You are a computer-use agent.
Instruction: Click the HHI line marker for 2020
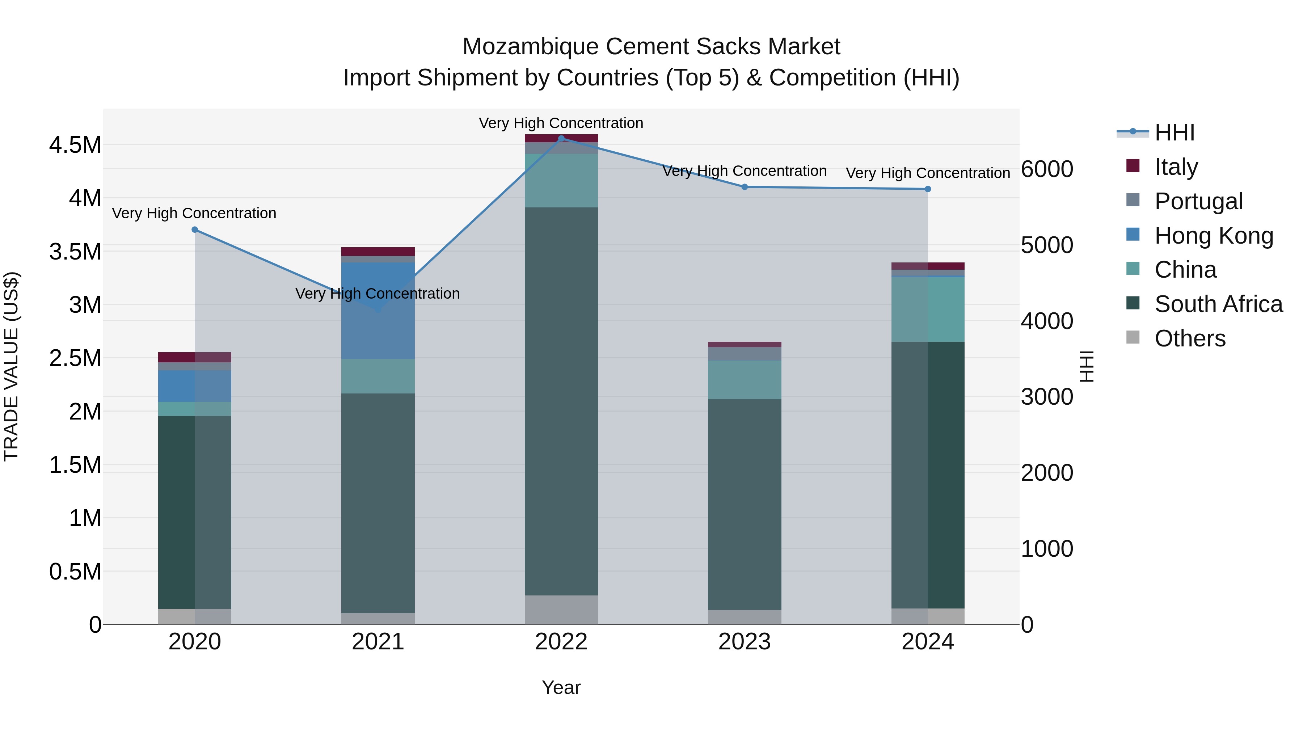195,229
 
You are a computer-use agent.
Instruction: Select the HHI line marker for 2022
561,139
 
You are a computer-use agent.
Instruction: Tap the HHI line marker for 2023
745,187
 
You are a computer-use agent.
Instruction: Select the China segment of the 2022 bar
561,181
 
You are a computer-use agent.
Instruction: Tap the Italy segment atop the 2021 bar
378,252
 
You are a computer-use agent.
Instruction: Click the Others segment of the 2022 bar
561,610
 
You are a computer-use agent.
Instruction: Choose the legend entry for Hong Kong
1214,236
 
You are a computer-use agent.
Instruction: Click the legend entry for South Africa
1218,304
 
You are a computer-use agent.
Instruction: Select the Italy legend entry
1176,167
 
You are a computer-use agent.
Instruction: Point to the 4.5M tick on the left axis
75,145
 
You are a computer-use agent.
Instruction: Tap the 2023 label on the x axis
745,642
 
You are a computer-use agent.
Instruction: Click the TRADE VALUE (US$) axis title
12,366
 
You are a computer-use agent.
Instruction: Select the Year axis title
561,687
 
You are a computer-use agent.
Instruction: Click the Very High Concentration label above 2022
561,123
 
